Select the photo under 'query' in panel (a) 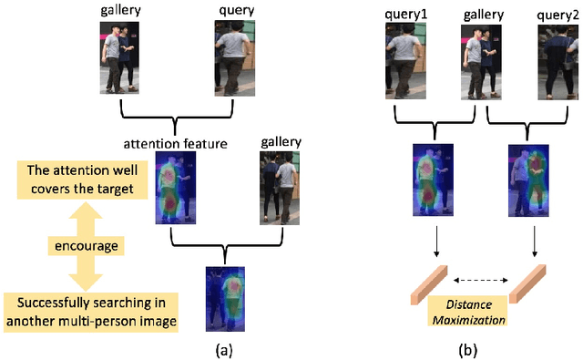(x=230, y=57)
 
